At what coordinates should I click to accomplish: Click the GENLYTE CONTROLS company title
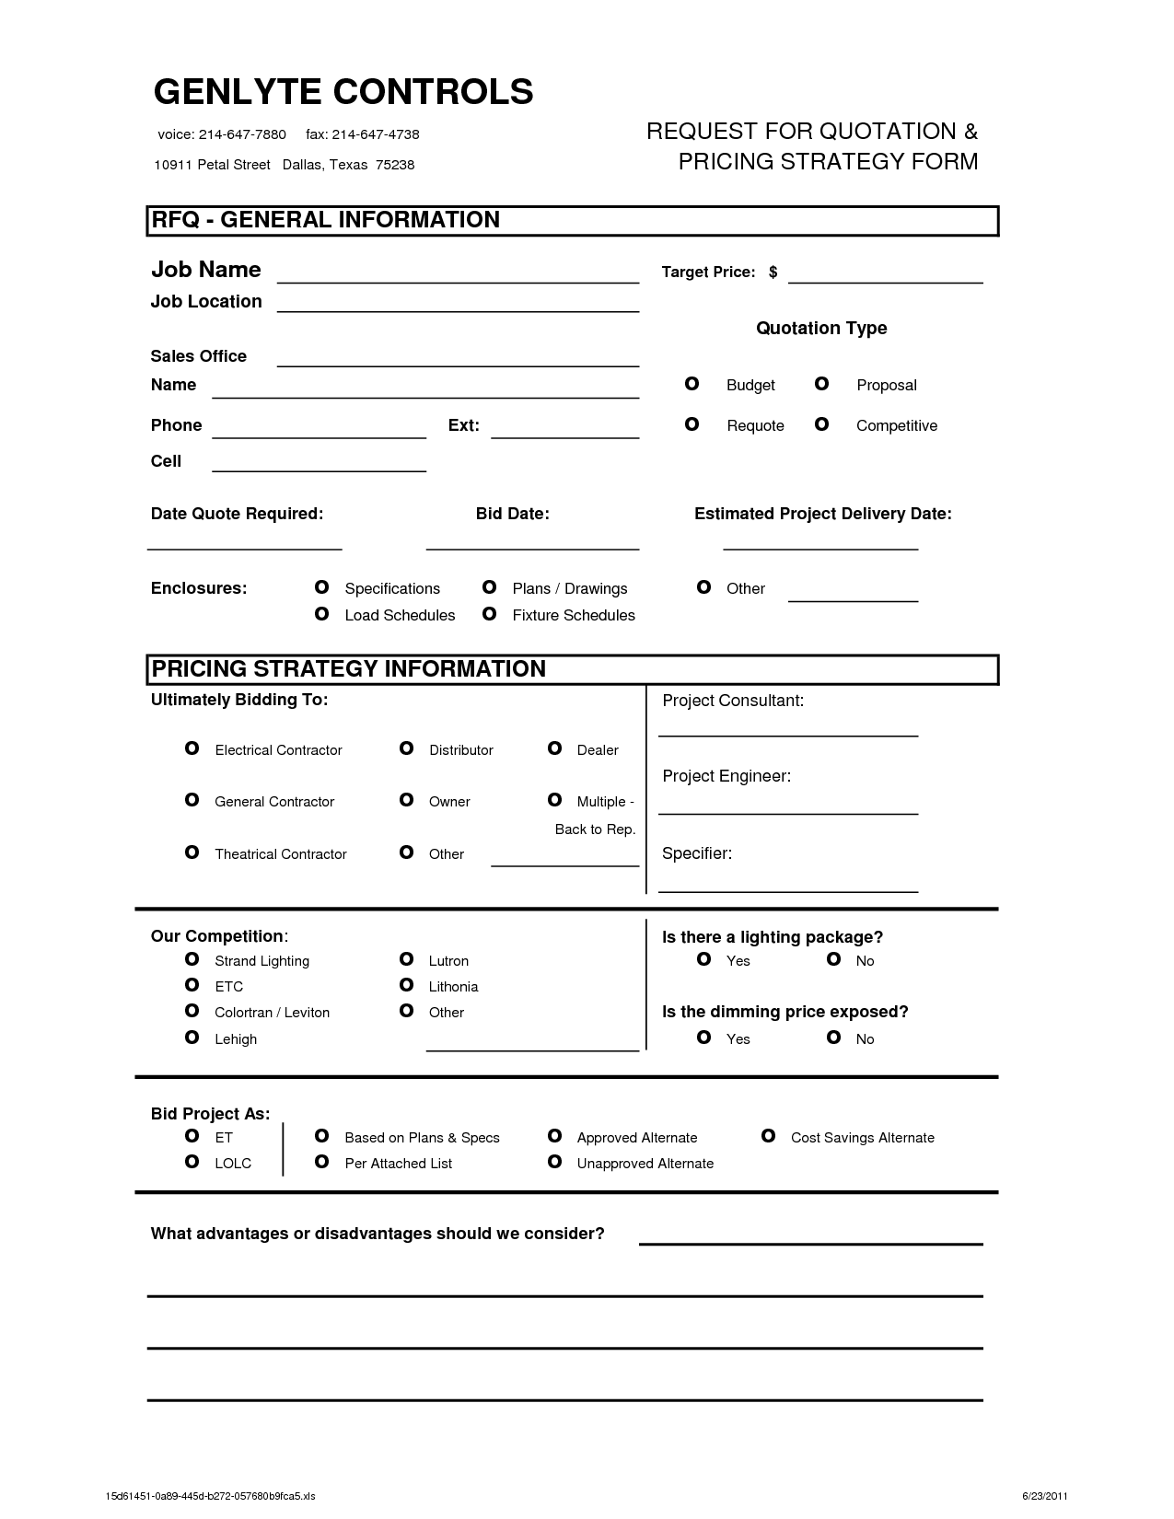pyautogui.click(x=343, y=92)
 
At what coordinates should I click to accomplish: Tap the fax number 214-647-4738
pyautogui.click(x=375, y=134)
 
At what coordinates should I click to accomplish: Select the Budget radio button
pyautogui.click(x=692, y=384)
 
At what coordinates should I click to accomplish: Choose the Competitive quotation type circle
pyautogui.click(x=822, y=424)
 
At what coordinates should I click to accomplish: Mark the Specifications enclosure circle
pyautogui.click(x=321, y=587)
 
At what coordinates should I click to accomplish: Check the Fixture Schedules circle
pyautogui.click(x=490, y=614)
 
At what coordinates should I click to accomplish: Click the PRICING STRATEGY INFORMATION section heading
pyautogui.click(x=348, y=669)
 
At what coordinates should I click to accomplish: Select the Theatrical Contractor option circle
pyautogui.click(x=192, y=852)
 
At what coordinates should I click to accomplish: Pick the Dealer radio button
pyautogui.click(x=554, y=748)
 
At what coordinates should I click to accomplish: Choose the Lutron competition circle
pyautogui.click(x=406, y=959)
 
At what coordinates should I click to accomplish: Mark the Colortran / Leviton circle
pyautogui.click(x=192, y=1011)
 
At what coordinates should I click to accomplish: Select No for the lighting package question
pyautogui.click(x=834, y=959)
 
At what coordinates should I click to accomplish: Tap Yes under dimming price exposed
pyautogui.click(x=704, y=1038)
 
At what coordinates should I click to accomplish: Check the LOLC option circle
pyautogui.click(x=192, y=1162)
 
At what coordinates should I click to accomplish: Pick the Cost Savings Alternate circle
pyautogui.click(x=768, y=1136)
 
